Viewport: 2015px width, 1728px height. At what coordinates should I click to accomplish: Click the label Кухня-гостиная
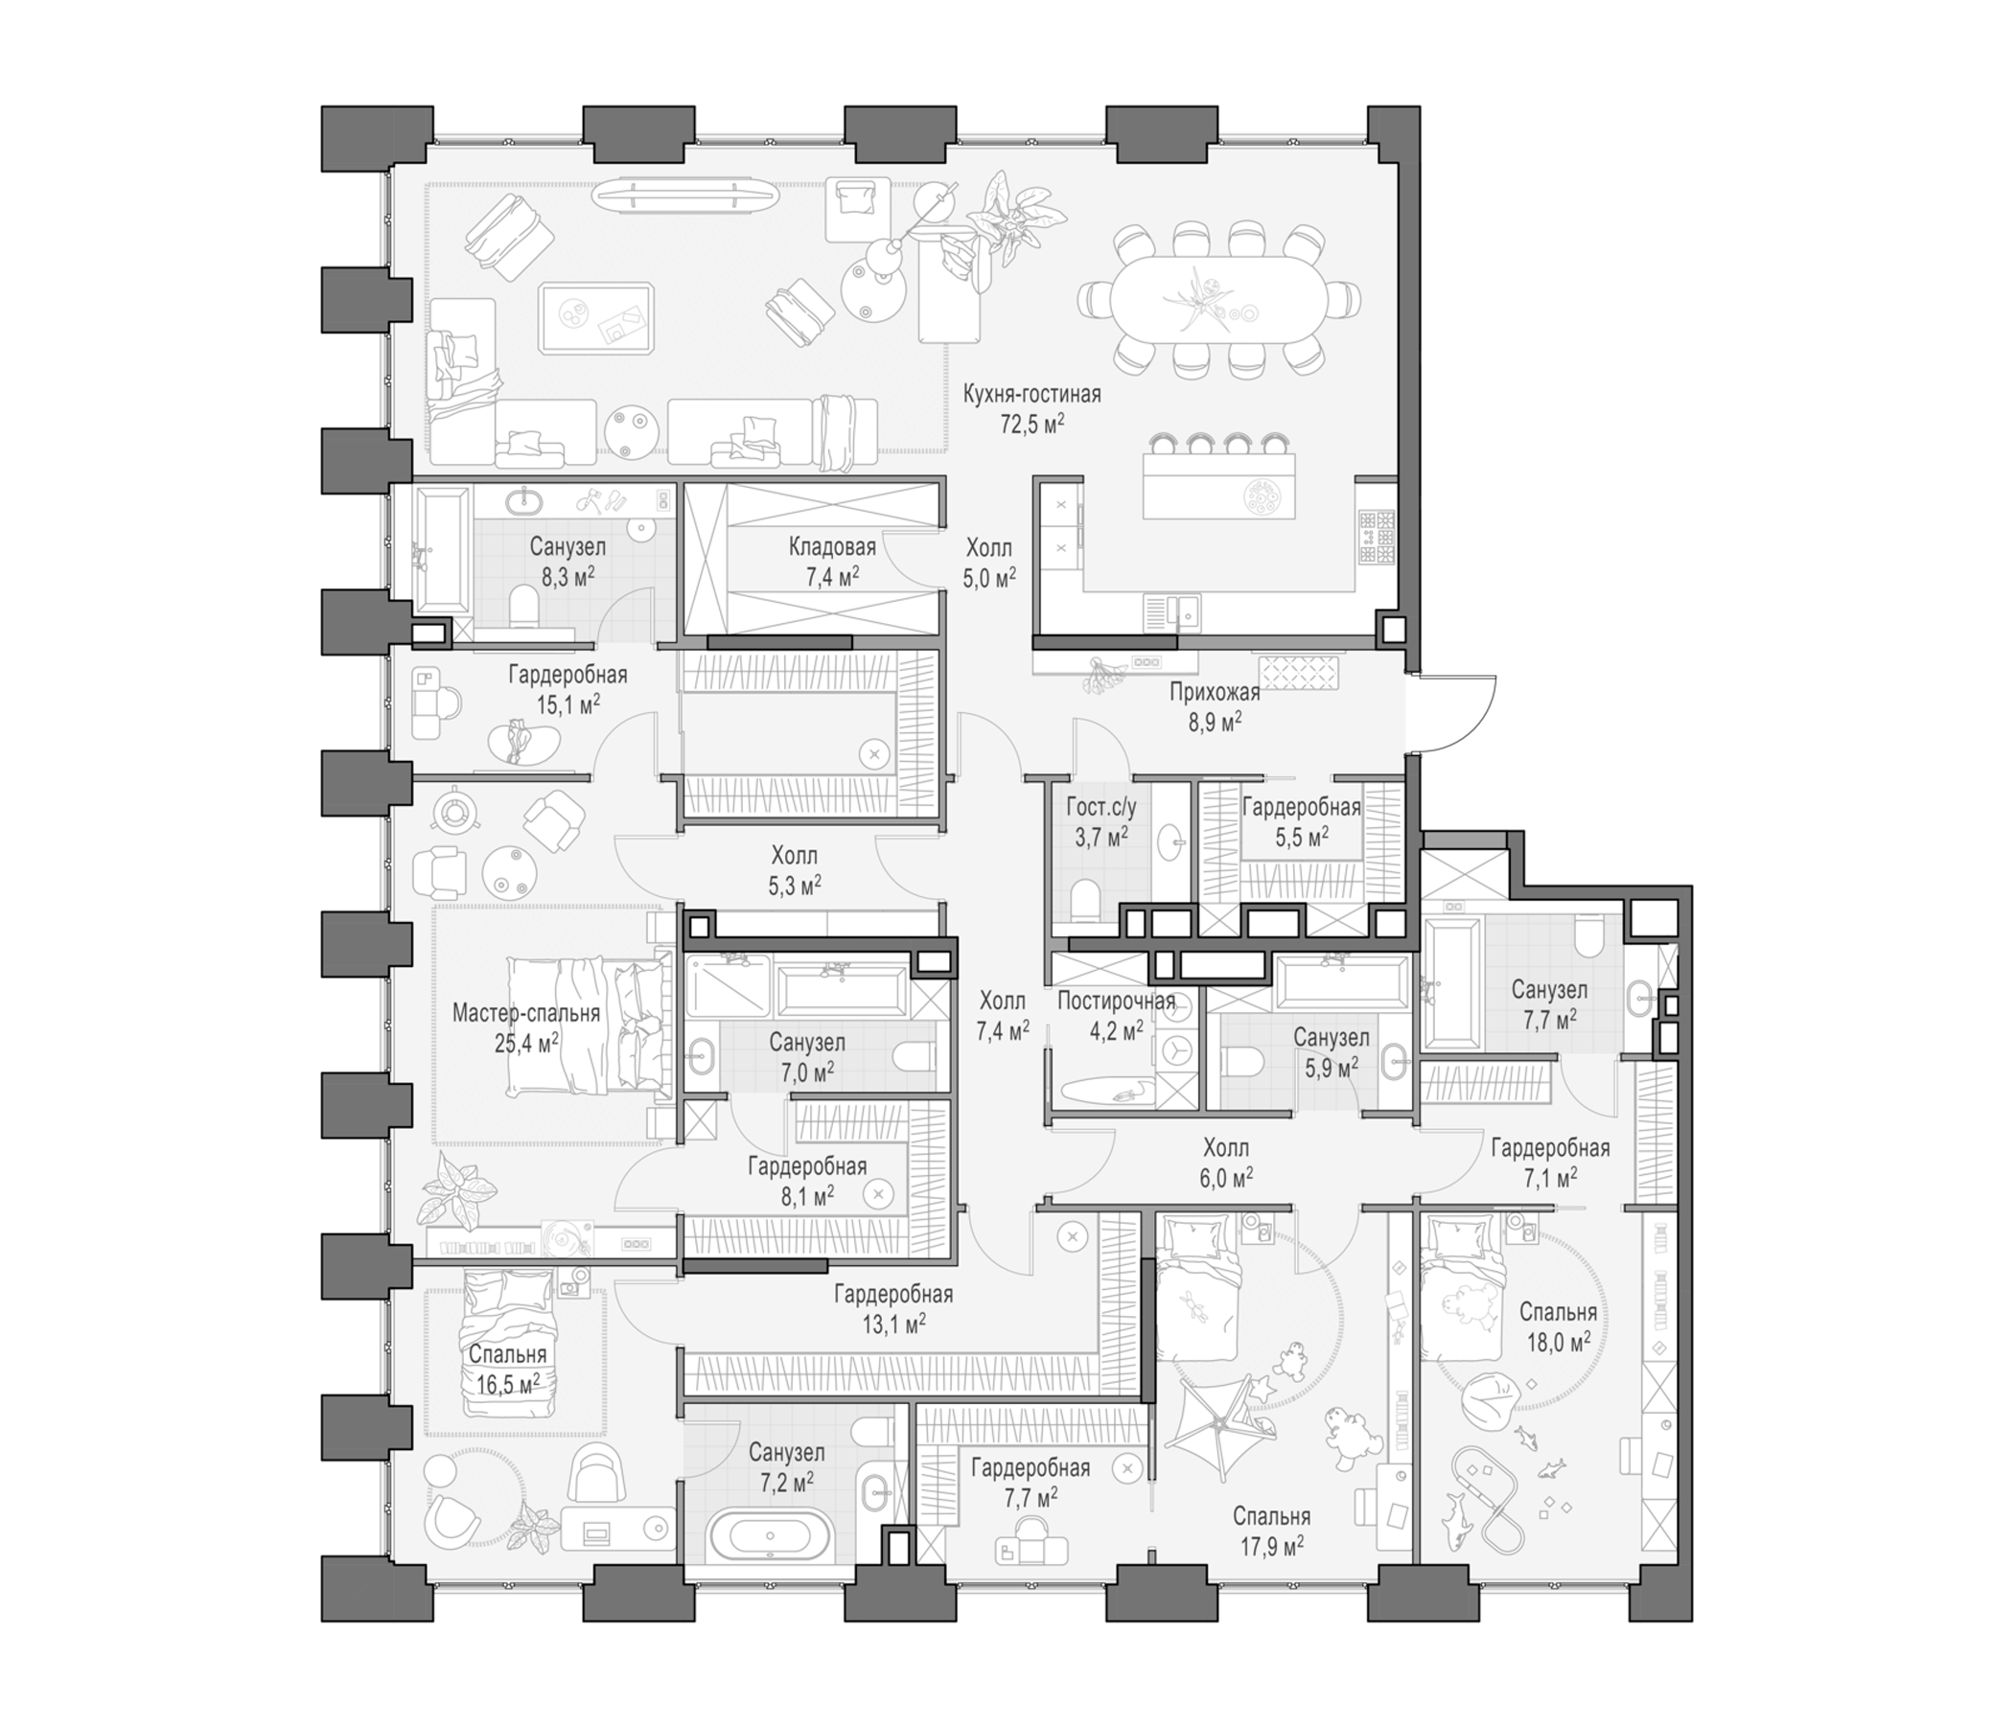coord(1031,395)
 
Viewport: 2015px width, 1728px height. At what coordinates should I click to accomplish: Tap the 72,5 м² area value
coord(1031,423)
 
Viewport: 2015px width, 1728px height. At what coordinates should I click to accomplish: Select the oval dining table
coord(1219,297)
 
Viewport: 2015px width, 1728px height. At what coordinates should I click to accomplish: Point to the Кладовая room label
coord(832,546)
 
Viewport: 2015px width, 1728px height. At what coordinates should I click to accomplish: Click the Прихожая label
coord(1215,692)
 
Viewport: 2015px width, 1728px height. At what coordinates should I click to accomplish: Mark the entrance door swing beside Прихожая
coord(1453,712)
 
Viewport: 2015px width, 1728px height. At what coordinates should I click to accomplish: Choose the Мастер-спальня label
coord(526,1013)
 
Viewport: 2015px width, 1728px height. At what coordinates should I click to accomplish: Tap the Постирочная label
coord(1117,1001)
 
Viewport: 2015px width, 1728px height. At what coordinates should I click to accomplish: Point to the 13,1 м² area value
coord(893,1323)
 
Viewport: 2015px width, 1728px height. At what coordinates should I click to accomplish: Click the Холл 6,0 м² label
coord(1226,1162)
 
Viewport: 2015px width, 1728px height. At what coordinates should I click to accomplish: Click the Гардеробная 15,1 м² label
coord(567,688)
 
